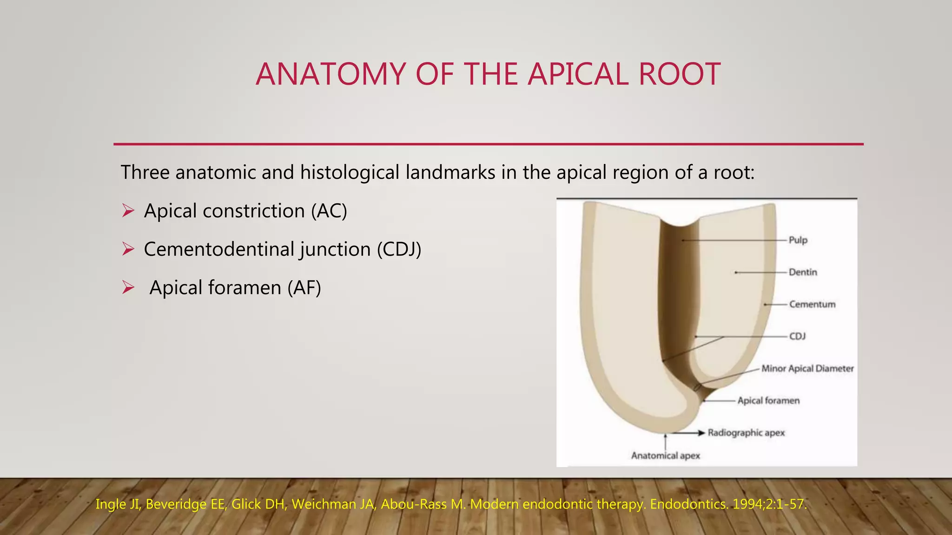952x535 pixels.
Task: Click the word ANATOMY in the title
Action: click(x=330, y=74)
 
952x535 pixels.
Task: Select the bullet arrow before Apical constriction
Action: click(x=128, y=211)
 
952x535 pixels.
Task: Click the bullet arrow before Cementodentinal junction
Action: click(x=128, y=249)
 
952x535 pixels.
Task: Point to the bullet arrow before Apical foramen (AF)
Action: click(x=128, y=288)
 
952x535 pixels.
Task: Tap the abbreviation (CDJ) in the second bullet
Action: click(x=399, y=249)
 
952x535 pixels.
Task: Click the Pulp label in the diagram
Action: click(x=798, y=240)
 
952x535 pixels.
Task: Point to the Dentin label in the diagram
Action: click(x=803, y=272)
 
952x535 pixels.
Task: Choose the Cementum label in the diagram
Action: click(x=812, y=304)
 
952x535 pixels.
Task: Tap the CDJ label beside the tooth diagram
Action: click(x=797, y=336)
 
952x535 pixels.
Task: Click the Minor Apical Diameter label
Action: click(x=807, y=369)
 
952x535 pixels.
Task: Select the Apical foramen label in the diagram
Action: click(x=768, y=401)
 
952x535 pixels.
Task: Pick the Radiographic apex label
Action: click(x=746, y=433)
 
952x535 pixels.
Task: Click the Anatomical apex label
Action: click(x=665, y=456)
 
